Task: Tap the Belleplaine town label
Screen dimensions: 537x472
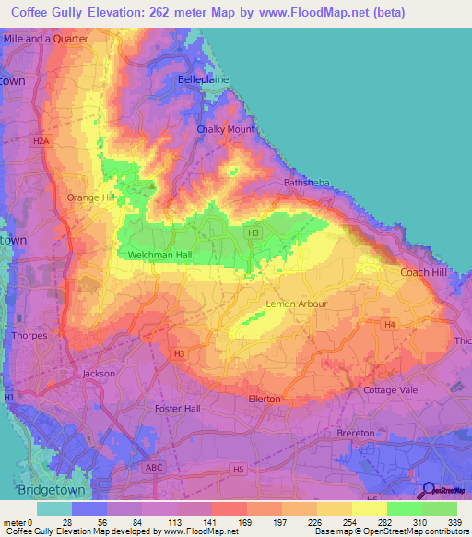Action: [203, 80]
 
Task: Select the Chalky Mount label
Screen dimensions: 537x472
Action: [225, 129]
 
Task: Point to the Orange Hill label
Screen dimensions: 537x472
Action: [90, 197]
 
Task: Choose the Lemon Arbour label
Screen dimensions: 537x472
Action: [296, 304]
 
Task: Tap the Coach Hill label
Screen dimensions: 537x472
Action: [422, 272]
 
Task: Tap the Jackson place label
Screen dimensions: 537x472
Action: [99, 374]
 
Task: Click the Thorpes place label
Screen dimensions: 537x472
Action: [29, 336]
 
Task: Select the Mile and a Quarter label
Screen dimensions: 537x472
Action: [45, 39]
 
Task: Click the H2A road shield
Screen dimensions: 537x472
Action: [39, 141]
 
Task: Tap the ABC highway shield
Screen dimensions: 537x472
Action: [153, 468]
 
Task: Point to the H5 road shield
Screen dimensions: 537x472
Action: [239, 470]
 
